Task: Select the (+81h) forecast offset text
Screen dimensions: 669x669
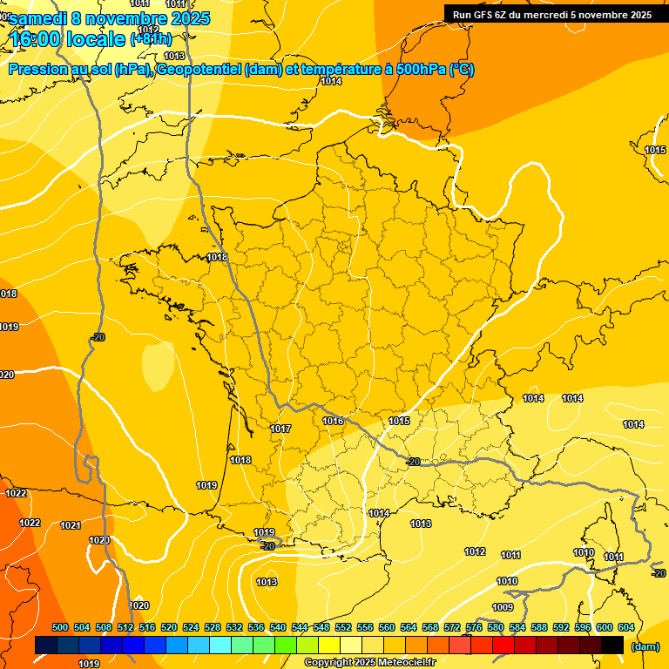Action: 151,38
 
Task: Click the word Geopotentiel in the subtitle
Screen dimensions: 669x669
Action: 199,71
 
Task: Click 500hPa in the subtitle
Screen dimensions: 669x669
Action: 420,71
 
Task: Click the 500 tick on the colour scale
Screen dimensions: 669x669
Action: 60,627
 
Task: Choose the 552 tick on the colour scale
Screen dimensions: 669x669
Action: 343,627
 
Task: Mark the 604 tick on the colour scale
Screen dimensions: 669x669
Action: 626,627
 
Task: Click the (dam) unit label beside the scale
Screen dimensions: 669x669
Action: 645,646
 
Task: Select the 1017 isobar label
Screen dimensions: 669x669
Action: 280,429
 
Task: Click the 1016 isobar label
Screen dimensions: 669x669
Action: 333,421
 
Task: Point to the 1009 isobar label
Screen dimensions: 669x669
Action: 503,607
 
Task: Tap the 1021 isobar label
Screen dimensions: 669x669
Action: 71,525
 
